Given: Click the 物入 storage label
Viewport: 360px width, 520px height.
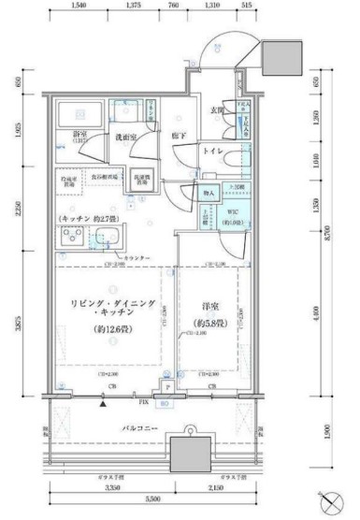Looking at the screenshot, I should [x=208, y=195].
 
